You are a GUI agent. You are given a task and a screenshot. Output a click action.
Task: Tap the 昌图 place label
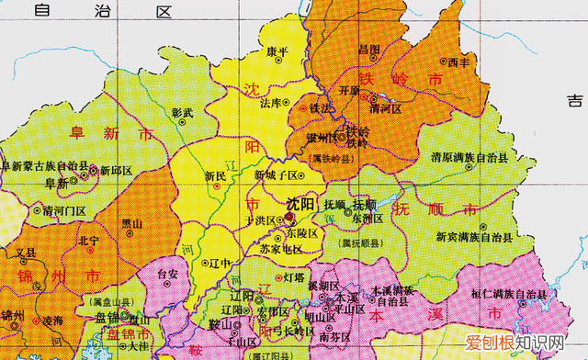pos(369,49)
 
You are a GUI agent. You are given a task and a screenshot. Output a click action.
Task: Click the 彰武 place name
pos(183,113)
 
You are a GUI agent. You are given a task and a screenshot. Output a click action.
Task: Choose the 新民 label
pos(216,175)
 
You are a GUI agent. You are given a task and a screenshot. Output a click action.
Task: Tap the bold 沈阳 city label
pos(300,203)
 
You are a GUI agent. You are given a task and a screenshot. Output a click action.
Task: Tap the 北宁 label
pos(89,241)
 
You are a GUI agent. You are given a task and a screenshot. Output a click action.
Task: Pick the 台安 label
pos(167,274)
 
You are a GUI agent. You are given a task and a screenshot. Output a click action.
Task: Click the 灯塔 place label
pos(293,276)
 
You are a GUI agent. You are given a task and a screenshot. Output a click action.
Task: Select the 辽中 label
pos(219,262)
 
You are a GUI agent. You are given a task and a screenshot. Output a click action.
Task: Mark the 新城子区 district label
pos(277,174)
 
